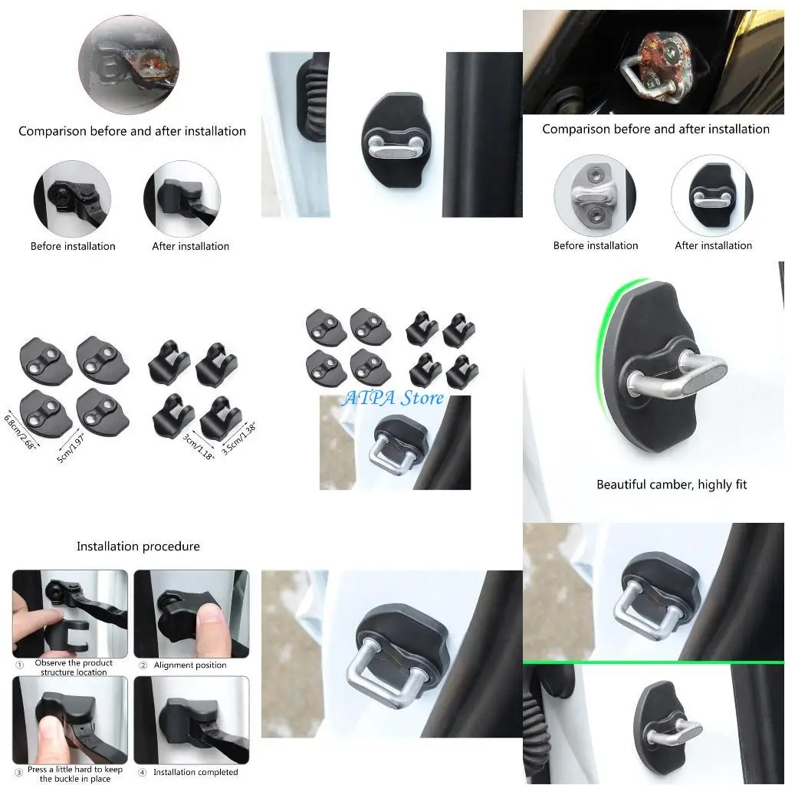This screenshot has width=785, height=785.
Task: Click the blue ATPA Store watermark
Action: pyautogui.click(x=393, y=398)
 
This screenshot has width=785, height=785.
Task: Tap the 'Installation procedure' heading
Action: pyautogui.click(x=138, y=547)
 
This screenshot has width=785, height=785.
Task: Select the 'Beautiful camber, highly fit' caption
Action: pyautogui.click(x=672, y=484)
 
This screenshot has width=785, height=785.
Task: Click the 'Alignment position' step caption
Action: pyautogui.click(x=190, y=665)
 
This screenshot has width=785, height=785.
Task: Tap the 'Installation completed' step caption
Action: pyautogui.click(x=195, y=772)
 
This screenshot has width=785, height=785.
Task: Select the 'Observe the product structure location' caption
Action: pyautogui.click(x=74, y=668)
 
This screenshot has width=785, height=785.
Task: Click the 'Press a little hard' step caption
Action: pyautogui.click(x=74, y=774)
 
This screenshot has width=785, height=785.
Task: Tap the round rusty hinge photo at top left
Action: pyautogui.click(x=128, y=54)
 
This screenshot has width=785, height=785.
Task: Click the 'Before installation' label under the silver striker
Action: pyautogui.click(x=596, y=246)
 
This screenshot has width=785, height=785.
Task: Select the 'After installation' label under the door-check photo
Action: pyautogui.click(x=191, y=246)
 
